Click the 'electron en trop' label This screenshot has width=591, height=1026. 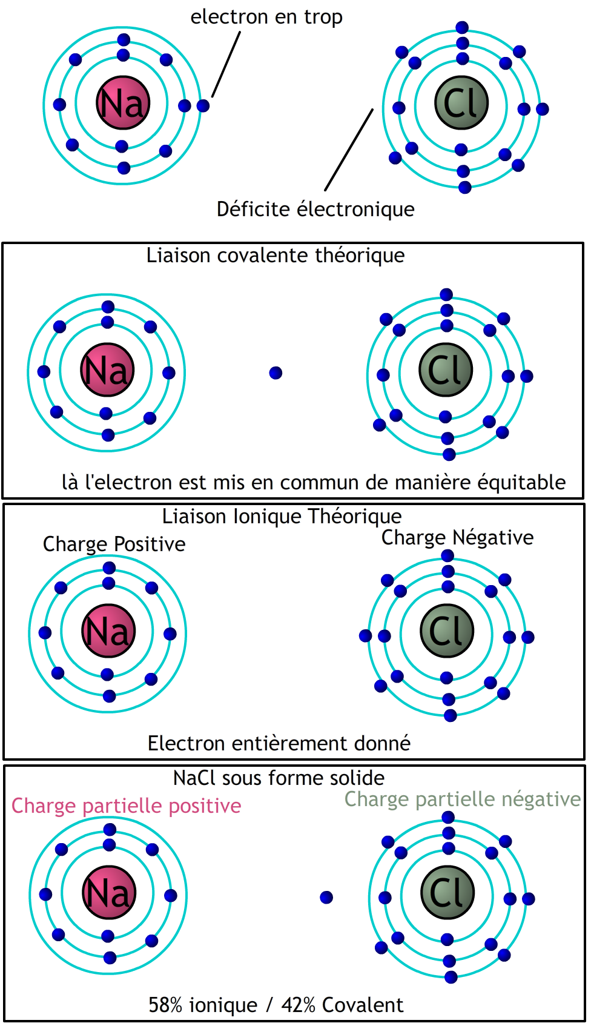[266, 17]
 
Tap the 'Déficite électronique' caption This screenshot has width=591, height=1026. [315, 210]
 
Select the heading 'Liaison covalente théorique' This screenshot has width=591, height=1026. [276, 256]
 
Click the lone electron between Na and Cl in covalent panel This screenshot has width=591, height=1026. [276, 373]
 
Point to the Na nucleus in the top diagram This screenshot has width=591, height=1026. [123, 103]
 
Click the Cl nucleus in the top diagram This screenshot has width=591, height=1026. [462, 103]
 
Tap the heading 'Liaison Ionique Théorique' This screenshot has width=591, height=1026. [282, 517]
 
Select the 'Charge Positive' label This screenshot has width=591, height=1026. [114, 544]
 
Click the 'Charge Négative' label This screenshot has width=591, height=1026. [457, 538]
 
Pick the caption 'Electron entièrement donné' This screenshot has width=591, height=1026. [279, 744]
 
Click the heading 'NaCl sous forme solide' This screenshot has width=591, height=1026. [279, 778]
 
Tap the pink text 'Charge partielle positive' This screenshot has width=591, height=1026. [126, 806]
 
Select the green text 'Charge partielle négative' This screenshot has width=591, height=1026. [462, 799]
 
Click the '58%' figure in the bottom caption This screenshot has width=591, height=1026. [165, 1005]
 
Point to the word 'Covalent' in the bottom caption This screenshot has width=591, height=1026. [363, 1005]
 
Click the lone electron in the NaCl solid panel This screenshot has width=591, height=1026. [326, 898]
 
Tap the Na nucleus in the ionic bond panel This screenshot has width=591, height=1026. [108, 631]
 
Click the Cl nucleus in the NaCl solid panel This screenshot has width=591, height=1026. [447, 893]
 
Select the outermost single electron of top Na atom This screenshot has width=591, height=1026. [203, 106]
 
